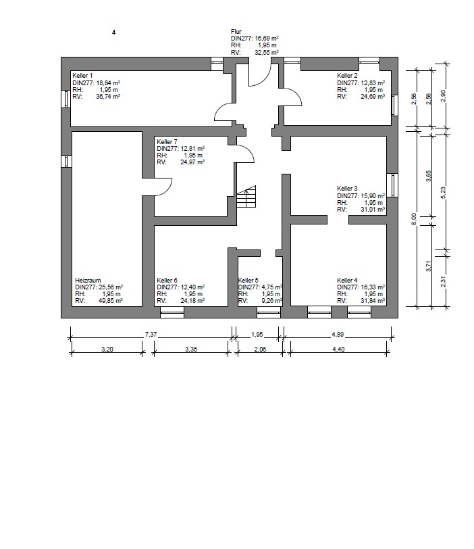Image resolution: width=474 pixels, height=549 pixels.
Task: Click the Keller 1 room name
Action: (82, 76)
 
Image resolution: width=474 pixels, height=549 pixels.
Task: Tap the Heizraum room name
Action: (88, 281)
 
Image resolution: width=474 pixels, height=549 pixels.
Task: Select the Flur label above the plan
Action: (236, 32)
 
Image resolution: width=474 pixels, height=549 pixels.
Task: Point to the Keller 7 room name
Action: (167, 142)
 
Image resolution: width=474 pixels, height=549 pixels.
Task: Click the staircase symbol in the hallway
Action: (246, 197)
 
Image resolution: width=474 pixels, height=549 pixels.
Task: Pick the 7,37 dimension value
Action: (151, 335)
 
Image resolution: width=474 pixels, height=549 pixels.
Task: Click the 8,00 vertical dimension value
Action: (414, 219)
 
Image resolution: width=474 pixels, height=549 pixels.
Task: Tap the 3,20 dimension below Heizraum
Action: (107, 349)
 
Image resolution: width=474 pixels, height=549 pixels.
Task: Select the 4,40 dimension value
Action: (338, 349)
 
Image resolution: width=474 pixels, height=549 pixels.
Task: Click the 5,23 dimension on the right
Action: (443, 193)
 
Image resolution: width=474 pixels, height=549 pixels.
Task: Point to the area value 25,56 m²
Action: (109, 287)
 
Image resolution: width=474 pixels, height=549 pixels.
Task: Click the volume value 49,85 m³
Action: (111, 301)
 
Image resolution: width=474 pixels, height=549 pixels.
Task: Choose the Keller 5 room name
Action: (248, 281)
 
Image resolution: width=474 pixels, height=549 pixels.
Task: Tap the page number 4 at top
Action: (113, 32)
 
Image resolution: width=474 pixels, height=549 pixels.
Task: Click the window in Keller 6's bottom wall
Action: (172, 312)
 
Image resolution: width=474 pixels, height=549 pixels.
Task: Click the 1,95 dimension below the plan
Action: (257, 335)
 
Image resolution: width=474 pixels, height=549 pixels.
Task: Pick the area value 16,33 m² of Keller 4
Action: (371, 287)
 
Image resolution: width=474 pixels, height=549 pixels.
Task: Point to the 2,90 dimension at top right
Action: (443, 95)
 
